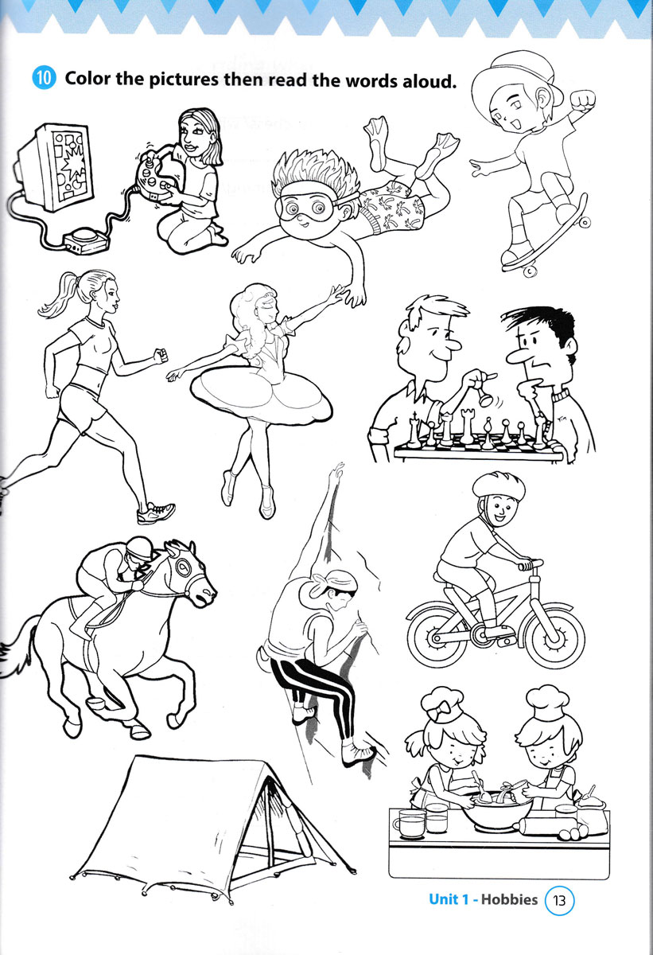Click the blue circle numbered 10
click(44, 78)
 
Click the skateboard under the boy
click(547, 239)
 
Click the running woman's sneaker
click(156, 513)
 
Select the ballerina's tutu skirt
click(261, 396)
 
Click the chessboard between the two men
click(479, 446)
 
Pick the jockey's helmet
click(139, 548)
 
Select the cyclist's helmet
click(499, 485)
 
